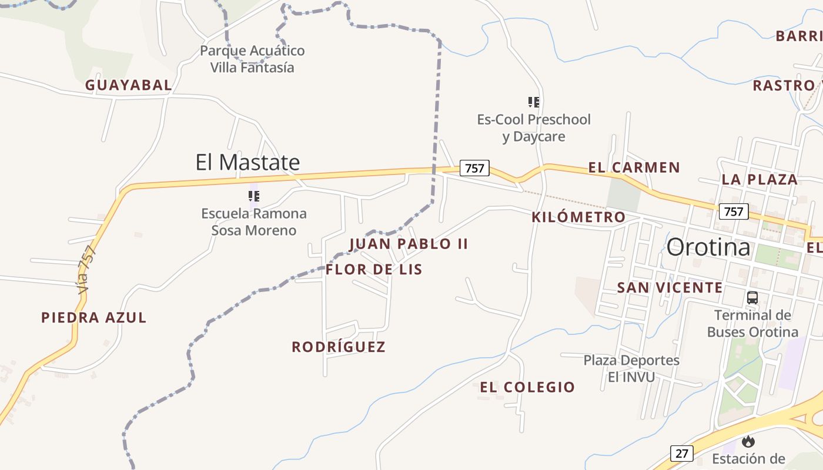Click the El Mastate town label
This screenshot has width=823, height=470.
(247, 162)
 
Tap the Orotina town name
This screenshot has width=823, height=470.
(708, 247)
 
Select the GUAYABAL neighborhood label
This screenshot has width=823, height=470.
(129, 85)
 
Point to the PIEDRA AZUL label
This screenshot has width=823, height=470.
(93, 318)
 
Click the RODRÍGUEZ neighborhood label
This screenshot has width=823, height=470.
(339, 347)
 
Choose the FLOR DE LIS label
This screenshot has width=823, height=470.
(374, 270)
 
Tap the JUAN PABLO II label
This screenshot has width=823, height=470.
(409, 244)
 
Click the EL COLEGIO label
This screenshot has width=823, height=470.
(527, 387)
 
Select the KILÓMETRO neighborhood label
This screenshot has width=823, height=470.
(578, 217)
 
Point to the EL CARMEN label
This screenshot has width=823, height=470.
(634, 168)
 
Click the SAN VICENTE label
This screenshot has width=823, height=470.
(670, 288)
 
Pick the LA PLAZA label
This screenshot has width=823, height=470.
(760, 180)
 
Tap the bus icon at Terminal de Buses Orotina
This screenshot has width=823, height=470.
(752, 298)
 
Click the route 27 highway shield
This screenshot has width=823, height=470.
(681, 454)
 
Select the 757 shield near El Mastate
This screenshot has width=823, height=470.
(474, 169)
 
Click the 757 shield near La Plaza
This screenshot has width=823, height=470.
(733, 211)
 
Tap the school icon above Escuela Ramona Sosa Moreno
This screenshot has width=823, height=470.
(254, 196)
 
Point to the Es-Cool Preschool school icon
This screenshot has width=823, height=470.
(534, 102)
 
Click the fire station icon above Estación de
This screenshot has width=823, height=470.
(748, 441)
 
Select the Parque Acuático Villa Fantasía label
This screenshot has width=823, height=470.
(252, 59)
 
